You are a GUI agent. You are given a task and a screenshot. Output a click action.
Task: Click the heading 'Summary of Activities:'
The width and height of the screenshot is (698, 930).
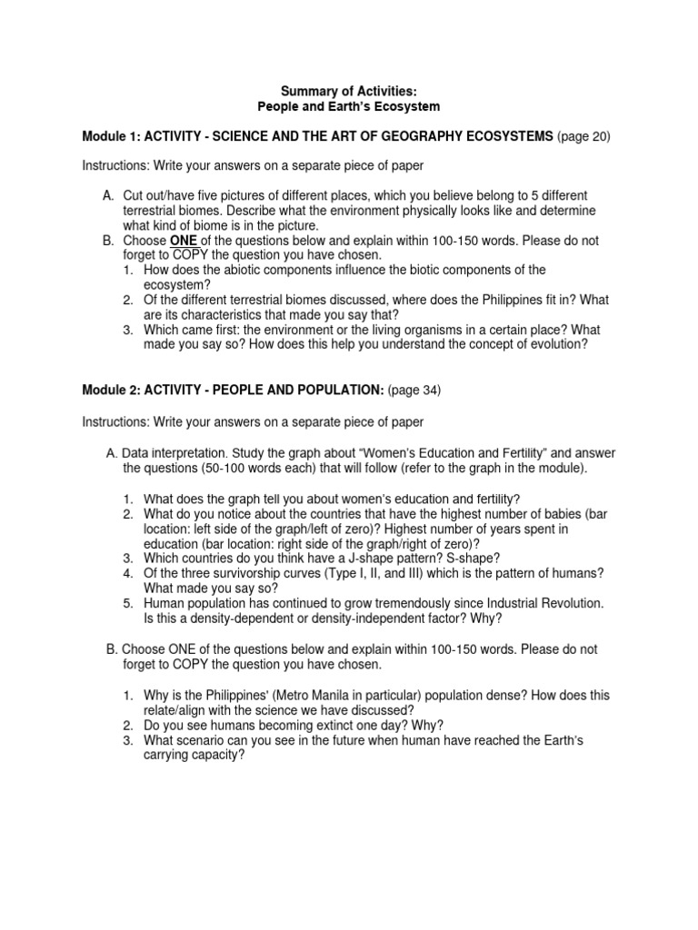[x=348, y=92]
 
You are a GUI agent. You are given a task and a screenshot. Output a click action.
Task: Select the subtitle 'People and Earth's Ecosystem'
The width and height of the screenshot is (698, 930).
[x=348, y=107]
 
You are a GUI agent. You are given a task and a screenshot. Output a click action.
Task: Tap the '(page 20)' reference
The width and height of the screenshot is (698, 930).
[x=584, y=136]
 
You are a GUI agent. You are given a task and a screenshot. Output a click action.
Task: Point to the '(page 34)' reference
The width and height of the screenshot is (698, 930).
[x=415, y=391]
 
